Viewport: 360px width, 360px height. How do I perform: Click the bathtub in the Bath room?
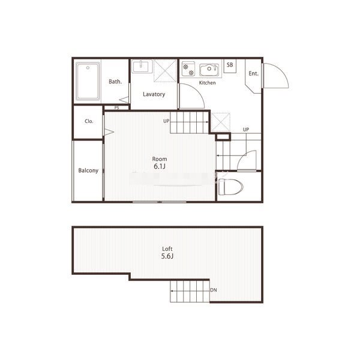pyautogui.click(x=88, y=81)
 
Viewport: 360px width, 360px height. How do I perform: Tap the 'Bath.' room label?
pyautogui.click(x=115, y=82)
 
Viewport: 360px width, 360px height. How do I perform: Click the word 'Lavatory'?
pyautogui.click(x=154, y=94)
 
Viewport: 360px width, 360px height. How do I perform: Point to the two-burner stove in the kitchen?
pyautogui.click(x=188, y=69)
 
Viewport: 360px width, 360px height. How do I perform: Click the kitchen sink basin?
pyautogui.click(x=209, y=70)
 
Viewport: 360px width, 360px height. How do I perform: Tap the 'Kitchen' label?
pyautogui.click(x=208, y=83)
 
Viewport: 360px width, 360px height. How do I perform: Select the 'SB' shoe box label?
pyautogui.click(x=230, y=65)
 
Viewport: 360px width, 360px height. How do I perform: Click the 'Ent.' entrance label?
pyautogui.click(x=253, y=73)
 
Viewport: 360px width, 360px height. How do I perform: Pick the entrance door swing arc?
pyautogui.click(x=281, y=71)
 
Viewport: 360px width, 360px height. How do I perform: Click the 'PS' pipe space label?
pyautogui.click(x=116, y=107)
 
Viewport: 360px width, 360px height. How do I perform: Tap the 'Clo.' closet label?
pyautogui.click(x=89, y=121)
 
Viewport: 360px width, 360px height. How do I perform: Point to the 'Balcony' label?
pyautogui.click(x=88, y=170)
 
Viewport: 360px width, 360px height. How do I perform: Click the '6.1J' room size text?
pyautogui.click(x=160, y=166)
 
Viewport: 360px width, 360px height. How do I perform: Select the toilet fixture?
pyautogui.click(x=230, y=187)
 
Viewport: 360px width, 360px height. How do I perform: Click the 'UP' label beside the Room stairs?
pyautogui.click(x=166, y=121)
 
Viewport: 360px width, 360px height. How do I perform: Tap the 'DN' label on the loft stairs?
pyautogui.click(x=214, y=290)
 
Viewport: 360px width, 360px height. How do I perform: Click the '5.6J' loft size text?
pyautogui.click(x=167, y=256)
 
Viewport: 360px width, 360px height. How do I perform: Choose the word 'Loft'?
pyautogui.click(x=167, y=248)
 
